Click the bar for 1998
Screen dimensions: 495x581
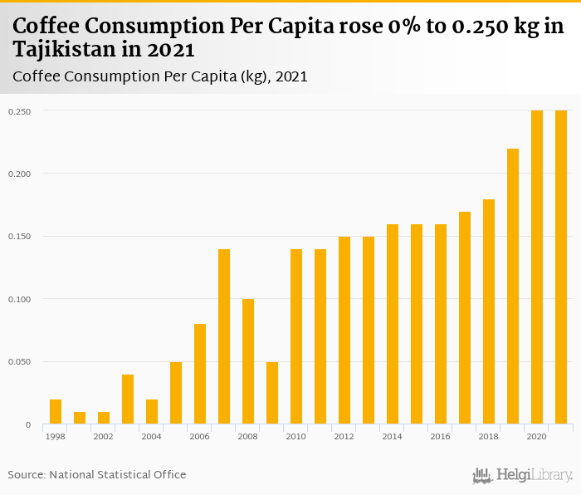(x=56, y=412)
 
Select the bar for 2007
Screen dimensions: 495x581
(x=224, y=336)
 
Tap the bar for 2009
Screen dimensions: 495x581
(x=272, y=393)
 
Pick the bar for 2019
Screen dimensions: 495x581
(x=513, y=287)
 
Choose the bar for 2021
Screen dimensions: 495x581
(x=561, y=267)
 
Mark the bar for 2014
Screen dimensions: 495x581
(x=393, y=324)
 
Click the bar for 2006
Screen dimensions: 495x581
(x=200, y=374)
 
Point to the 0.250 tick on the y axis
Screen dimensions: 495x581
(x=21, y=111)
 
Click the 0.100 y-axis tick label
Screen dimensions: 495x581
(x=21, y=299)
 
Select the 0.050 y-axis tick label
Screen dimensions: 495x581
(x=21, y=362)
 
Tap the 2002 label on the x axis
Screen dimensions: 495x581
(x=104, y=436)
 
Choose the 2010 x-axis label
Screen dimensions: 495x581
(x=296, y=436)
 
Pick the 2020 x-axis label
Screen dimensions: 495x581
(x=537, y=436)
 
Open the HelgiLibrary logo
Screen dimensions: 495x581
(x=522, y=476)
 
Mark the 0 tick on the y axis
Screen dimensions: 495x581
(x=27, y=425)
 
